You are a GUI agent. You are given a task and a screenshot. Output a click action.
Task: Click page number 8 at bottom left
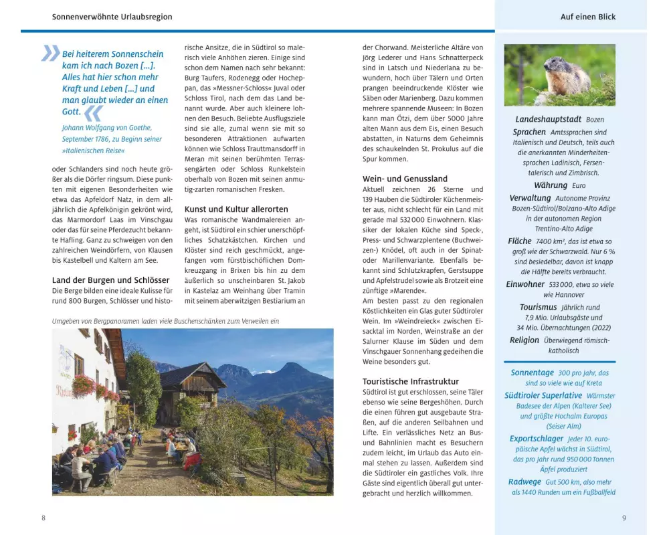click(x=43, y=518)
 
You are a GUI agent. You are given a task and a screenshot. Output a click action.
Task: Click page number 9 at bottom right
click(x=624, y=518)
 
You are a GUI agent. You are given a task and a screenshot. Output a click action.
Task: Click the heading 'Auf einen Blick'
click(x=588, y=17)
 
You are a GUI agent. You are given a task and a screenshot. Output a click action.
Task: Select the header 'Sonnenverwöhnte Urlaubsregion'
click(x=112, y=17)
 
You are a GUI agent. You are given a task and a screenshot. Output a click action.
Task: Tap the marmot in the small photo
click(x=566, y=75)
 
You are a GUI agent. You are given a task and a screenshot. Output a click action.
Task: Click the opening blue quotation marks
click(x=50, y=53)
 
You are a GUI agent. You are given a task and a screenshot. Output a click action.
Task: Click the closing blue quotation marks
click(x=94, y=112)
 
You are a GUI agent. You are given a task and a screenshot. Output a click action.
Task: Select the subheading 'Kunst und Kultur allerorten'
click(x=236, y=209)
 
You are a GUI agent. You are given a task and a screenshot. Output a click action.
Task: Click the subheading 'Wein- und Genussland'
click(x=405, y=179)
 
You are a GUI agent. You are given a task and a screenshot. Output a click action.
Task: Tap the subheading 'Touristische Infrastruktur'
click(x=411, y=381)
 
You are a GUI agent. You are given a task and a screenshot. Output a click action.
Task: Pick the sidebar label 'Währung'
click(x=551, y=185)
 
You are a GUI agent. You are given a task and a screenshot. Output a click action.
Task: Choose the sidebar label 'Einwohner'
click(x=525, y=284)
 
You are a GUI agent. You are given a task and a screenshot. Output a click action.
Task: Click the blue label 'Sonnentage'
click(x=533, y=372)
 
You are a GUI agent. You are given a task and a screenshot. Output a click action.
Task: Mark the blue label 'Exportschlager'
click(x=537, y=439)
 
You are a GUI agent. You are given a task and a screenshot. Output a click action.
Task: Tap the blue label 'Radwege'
click(x=524, y=481)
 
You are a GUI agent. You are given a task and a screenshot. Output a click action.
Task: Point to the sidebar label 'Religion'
click(x=524, y=340)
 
